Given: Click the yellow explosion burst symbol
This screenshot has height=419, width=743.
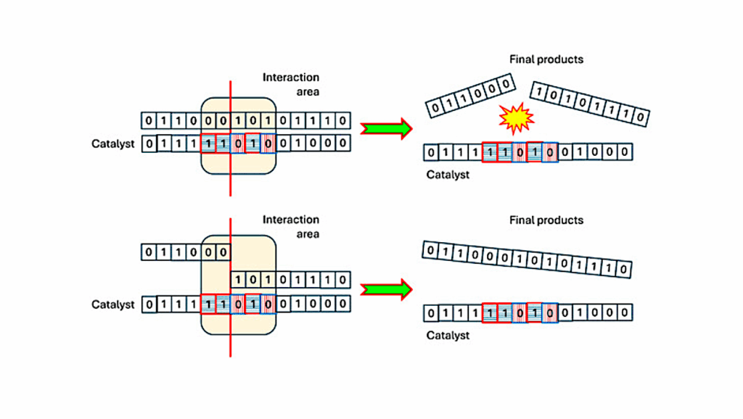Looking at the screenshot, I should pos(517,118).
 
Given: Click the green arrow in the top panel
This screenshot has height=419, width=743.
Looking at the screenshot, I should pos(386,128).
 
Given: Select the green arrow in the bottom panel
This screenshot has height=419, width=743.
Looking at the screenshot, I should pos(386,289).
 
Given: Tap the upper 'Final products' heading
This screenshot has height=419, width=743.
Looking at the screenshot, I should pos(546,59).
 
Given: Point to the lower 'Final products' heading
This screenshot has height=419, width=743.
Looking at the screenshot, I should pos(546,220).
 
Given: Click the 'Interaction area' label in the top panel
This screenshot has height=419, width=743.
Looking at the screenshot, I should pos(291,84).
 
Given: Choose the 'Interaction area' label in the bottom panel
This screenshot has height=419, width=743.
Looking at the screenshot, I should pos(291,226).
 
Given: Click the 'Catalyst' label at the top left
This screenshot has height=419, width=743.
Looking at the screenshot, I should pos(113,144).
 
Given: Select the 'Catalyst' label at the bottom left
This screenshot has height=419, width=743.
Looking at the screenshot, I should pos(113,304).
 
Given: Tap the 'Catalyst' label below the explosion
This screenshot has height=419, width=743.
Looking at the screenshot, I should pos(448,174).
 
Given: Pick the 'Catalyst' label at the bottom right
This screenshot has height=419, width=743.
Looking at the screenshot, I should pos(448,335).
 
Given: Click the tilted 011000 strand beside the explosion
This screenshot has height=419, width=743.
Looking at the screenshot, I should pos(469,96).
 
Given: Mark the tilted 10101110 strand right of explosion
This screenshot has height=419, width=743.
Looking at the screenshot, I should pos(589,104).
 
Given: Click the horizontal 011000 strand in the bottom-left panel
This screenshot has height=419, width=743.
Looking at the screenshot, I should pos(186,252).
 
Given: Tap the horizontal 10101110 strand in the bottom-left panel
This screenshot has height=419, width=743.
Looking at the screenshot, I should pos(291,279).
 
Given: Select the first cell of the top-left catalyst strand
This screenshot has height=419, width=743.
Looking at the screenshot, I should pos(149,144).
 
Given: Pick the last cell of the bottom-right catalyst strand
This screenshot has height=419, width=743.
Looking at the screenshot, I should pos(625,313).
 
